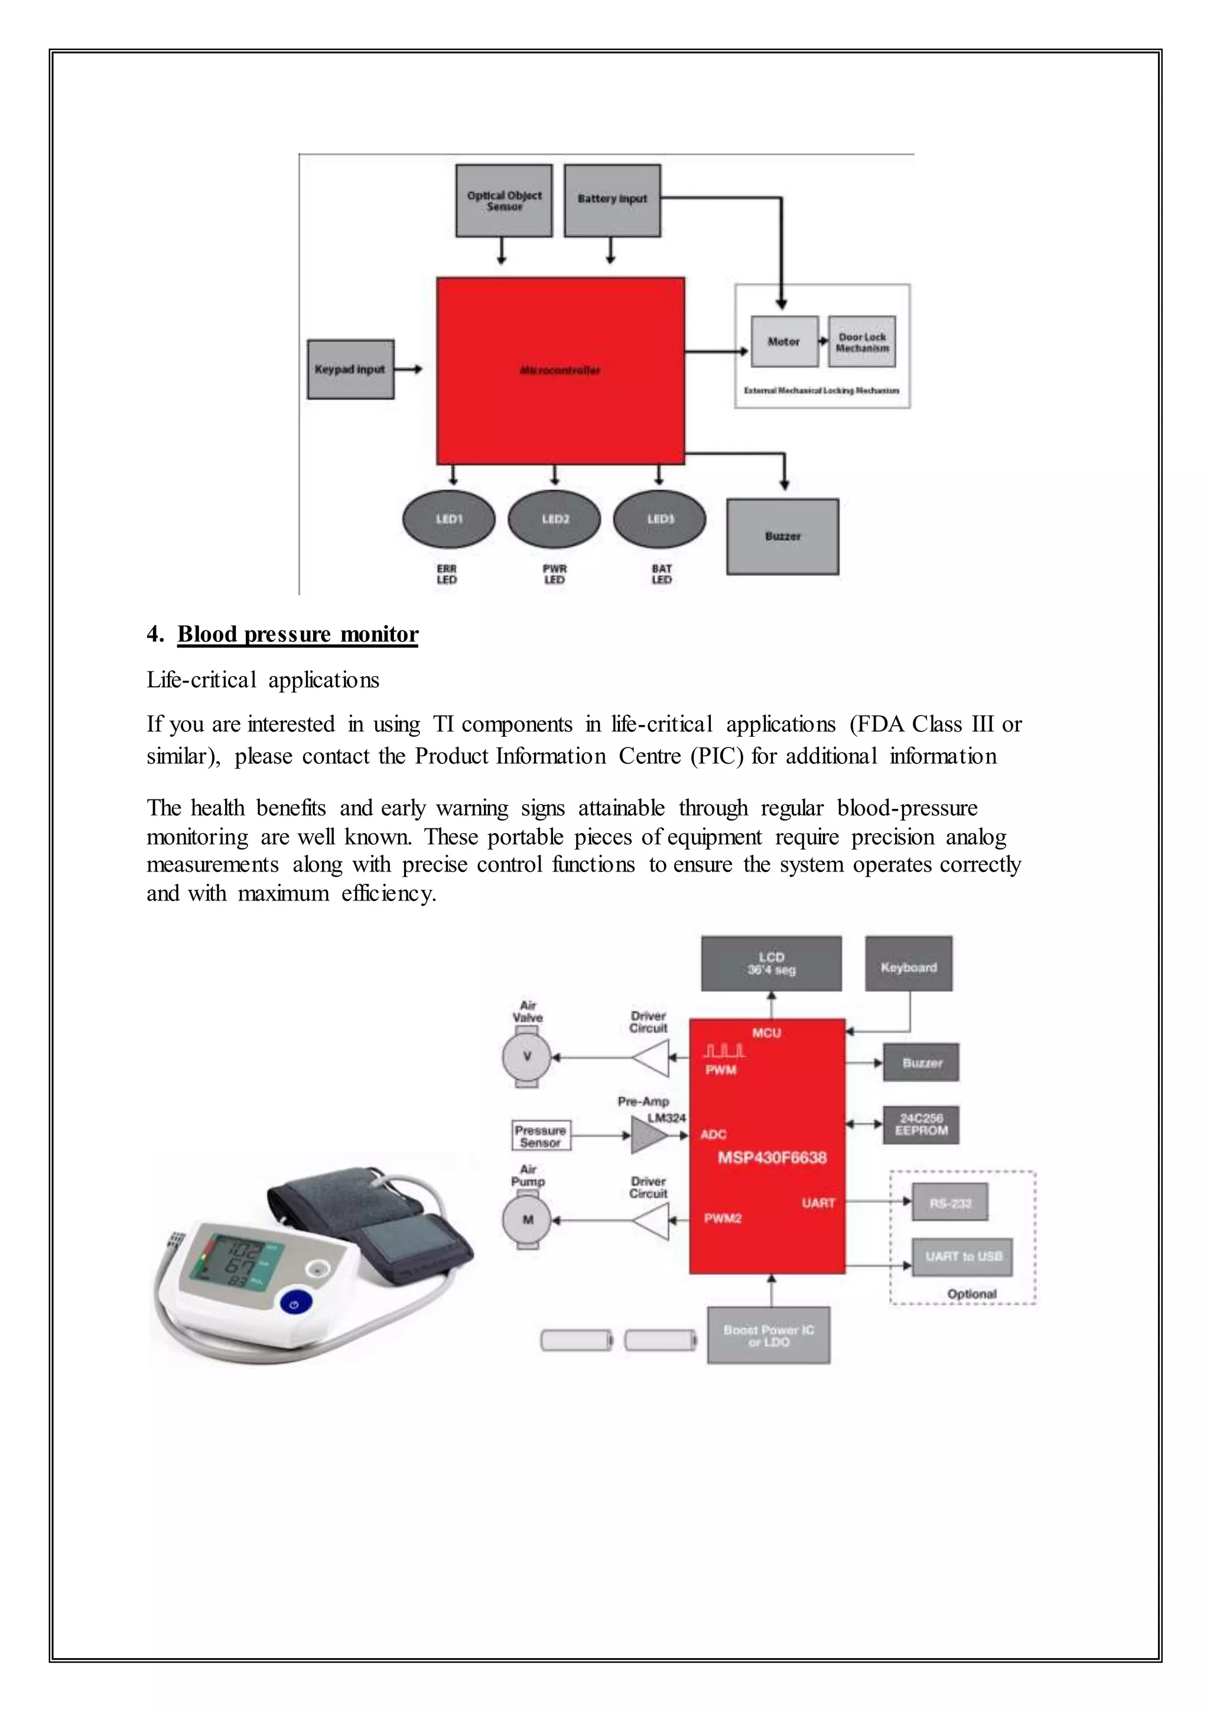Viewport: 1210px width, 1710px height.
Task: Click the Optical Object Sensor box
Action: click(503, 200)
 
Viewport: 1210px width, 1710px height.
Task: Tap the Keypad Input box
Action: click(350, 370)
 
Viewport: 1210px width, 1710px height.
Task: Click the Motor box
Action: click(784, 341)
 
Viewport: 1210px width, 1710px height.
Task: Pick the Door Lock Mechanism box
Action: click(862, 342)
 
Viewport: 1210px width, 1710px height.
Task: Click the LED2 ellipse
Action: click(554, 519)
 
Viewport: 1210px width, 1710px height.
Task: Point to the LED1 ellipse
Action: click(448, 519)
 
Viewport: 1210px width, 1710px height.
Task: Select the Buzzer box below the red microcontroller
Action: click(782, 536)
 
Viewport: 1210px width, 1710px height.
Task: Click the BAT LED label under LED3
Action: click(662, 574)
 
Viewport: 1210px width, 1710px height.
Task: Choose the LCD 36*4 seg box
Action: click(771, 963)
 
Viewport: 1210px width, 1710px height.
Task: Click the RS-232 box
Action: click(950, 1202)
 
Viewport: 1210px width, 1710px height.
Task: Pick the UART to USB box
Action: click(962, 1256)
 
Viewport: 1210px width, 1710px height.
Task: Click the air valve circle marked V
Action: click(527, 1056)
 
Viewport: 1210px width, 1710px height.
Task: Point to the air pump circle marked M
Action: click(528, 1219)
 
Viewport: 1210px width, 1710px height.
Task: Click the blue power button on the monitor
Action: click(295, 1304)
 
